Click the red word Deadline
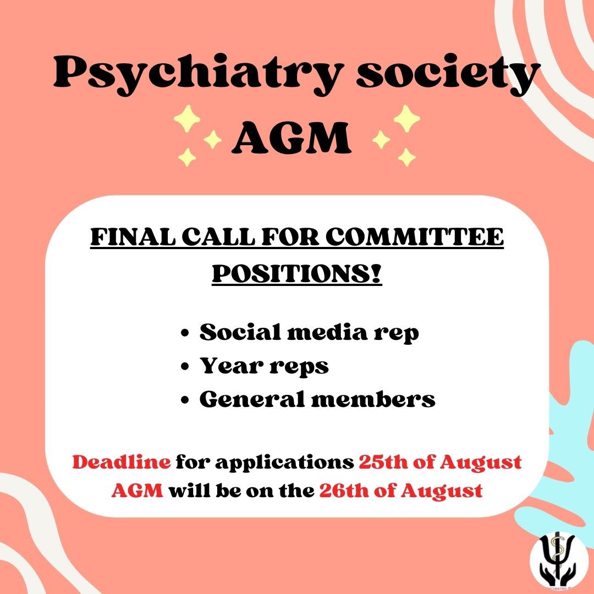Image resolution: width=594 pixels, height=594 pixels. tap(122, 462)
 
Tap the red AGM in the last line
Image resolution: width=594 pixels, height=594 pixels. tap(137, 490)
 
